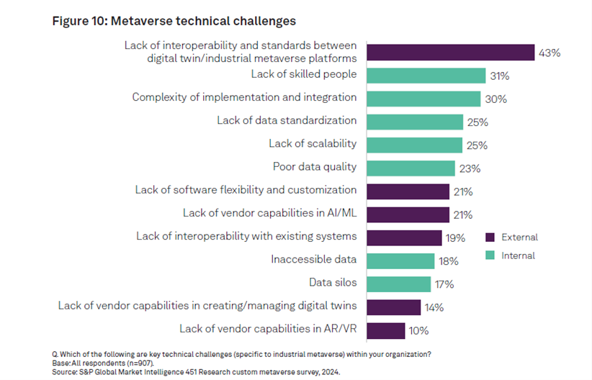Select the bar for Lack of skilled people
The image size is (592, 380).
[x=426, y=76]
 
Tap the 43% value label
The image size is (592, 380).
[x=549, y=53]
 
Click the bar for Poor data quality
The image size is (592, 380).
[x=411, y=168]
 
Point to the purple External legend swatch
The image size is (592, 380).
[x=490, y=237]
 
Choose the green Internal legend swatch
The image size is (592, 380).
[x=490, y=255]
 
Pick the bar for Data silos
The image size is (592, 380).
[x=399, y=284]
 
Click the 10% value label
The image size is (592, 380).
[x=418, y=331]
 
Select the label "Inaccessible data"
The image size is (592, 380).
[x=313, y=260]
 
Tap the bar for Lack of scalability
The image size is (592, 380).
[x=415, y=145]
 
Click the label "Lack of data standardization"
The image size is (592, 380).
[x=287, y=121]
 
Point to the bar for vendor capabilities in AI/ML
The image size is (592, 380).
[x=408, y=214]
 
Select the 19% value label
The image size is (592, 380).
[x=456, y=237]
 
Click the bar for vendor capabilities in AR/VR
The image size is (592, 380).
[x=386, y=330]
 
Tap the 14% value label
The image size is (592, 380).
[x=435, y=307]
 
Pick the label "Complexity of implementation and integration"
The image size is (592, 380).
[x=244, y=97]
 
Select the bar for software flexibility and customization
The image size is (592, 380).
[x=408, y=191]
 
